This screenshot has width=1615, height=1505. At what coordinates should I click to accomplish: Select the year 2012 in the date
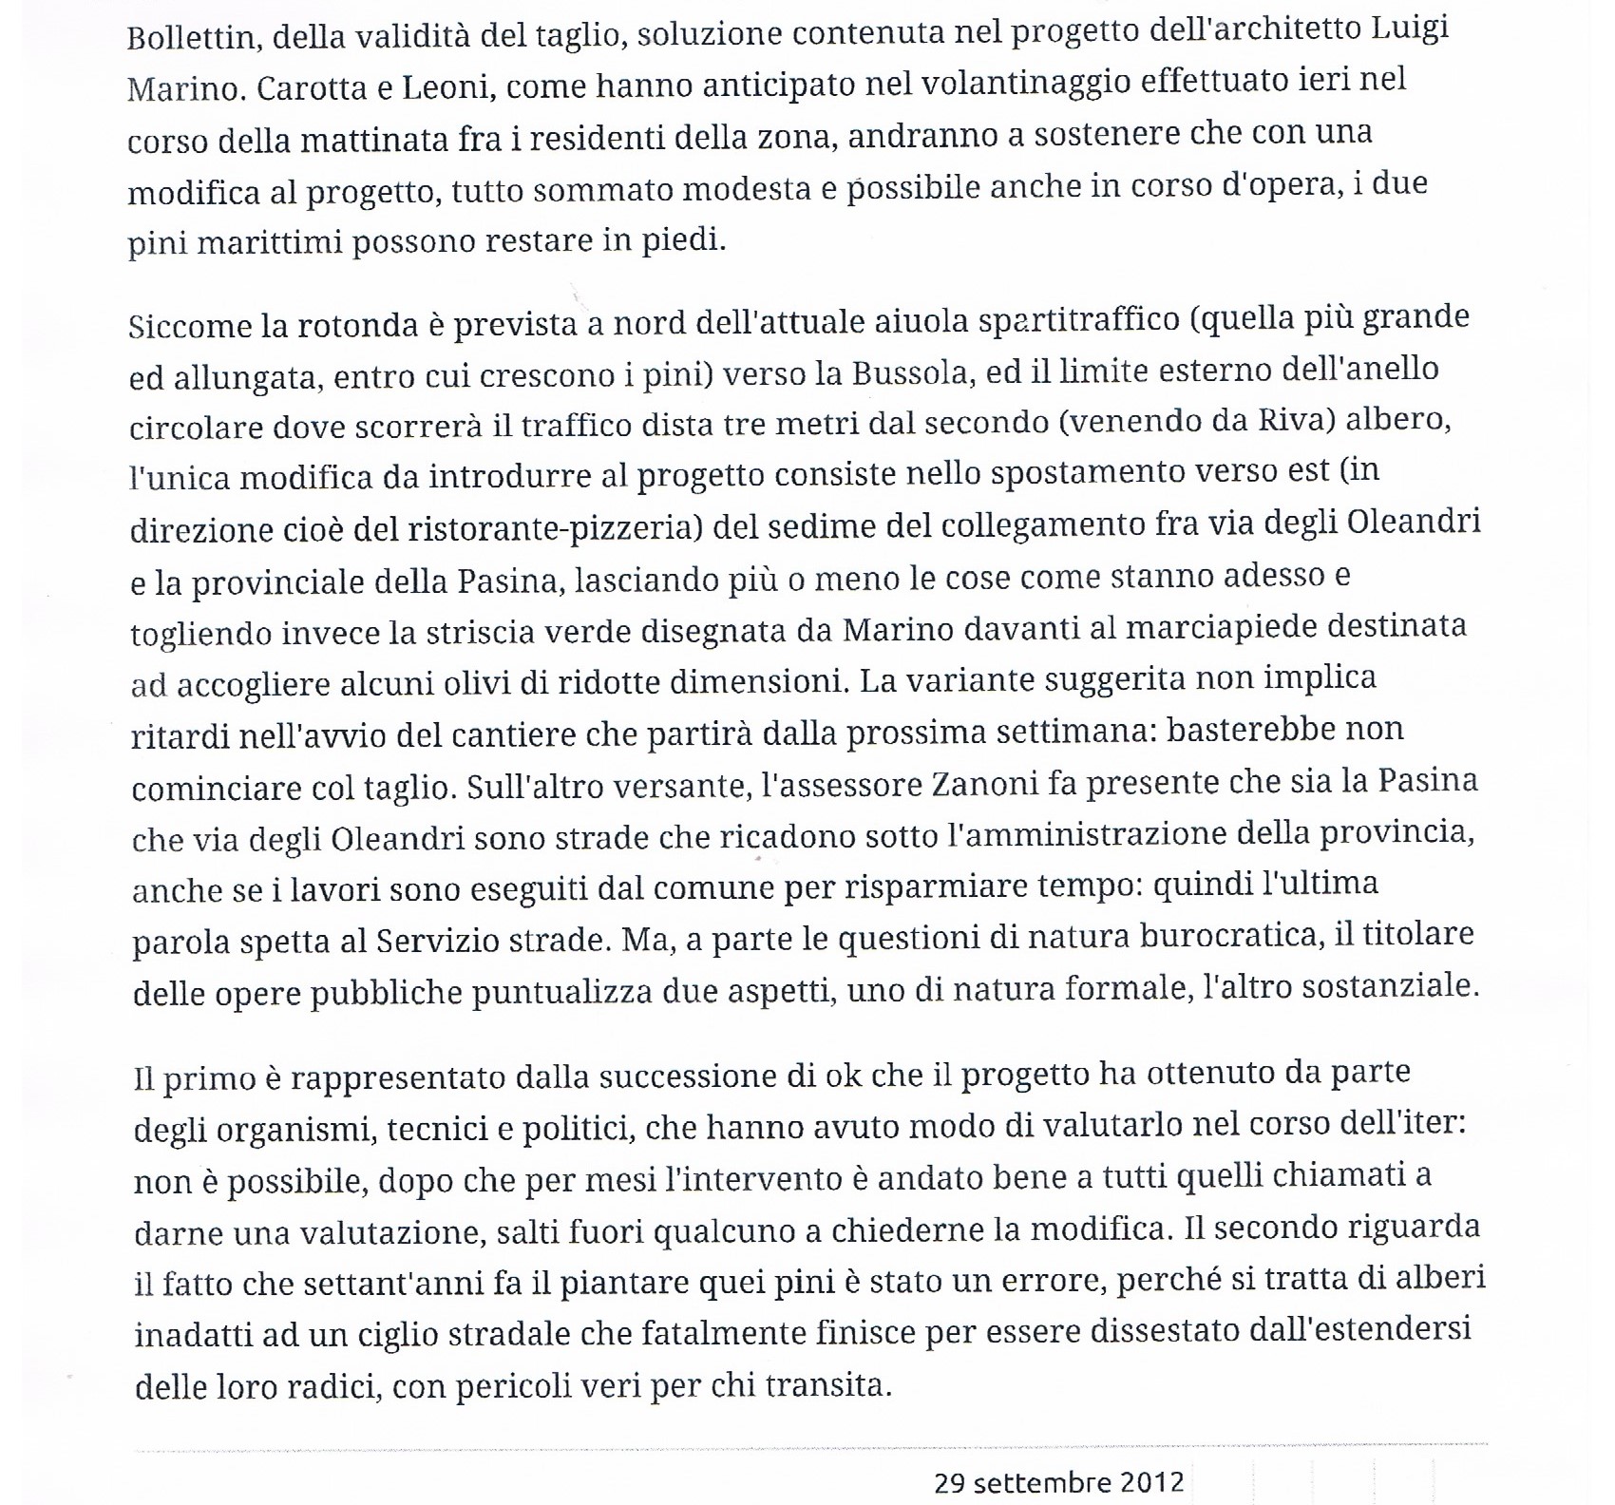click(1150, 1483)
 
